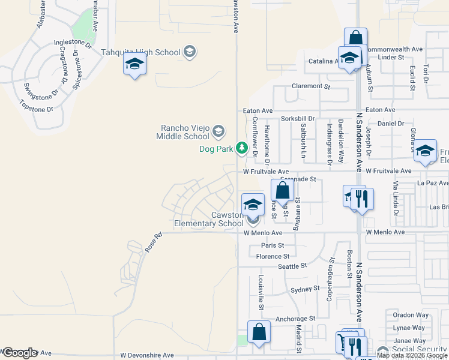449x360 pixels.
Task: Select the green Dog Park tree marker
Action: click(241, 148)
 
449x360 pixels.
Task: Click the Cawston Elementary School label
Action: click(209, 219)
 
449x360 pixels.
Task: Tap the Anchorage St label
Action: click(295, 319)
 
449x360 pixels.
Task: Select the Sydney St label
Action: click(304, 289)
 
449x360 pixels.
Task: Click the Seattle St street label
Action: click(292, 265)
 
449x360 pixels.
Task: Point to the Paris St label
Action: click(272, 245)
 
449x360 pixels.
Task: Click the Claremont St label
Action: click(311, 86)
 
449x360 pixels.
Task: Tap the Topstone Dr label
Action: click(37, 109)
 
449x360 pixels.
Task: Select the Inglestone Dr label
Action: click(72, 43)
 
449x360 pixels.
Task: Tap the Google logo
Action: click(19, 353)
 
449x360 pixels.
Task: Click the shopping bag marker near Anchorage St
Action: click(259, 332)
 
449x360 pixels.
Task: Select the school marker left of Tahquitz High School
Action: click(134, 64)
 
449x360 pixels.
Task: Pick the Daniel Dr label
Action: click(391, 124)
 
